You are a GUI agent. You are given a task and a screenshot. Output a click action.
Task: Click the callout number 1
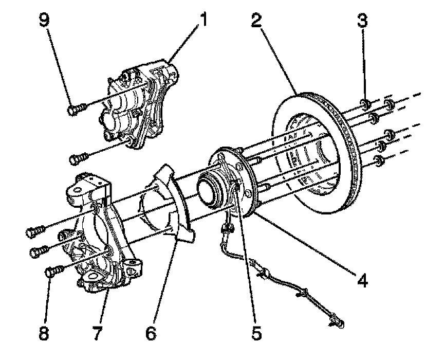(205, 21)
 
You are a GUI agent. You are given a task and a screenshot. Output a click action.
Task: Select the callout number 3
(364, 21)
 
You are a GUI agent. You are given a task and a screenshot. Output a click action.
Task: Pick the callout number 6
(151, 333)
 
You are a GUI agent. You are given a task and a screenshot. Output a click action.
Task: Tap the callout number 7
(96, 333)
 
